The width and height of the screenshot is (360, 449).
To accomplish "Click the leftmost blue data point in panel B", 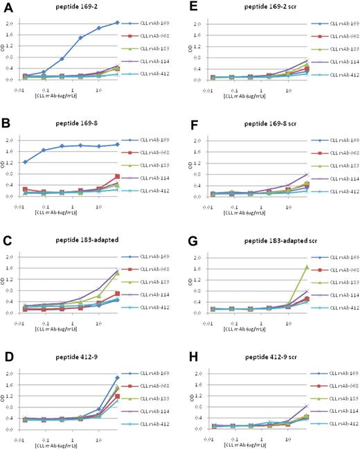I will [26, 162].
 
